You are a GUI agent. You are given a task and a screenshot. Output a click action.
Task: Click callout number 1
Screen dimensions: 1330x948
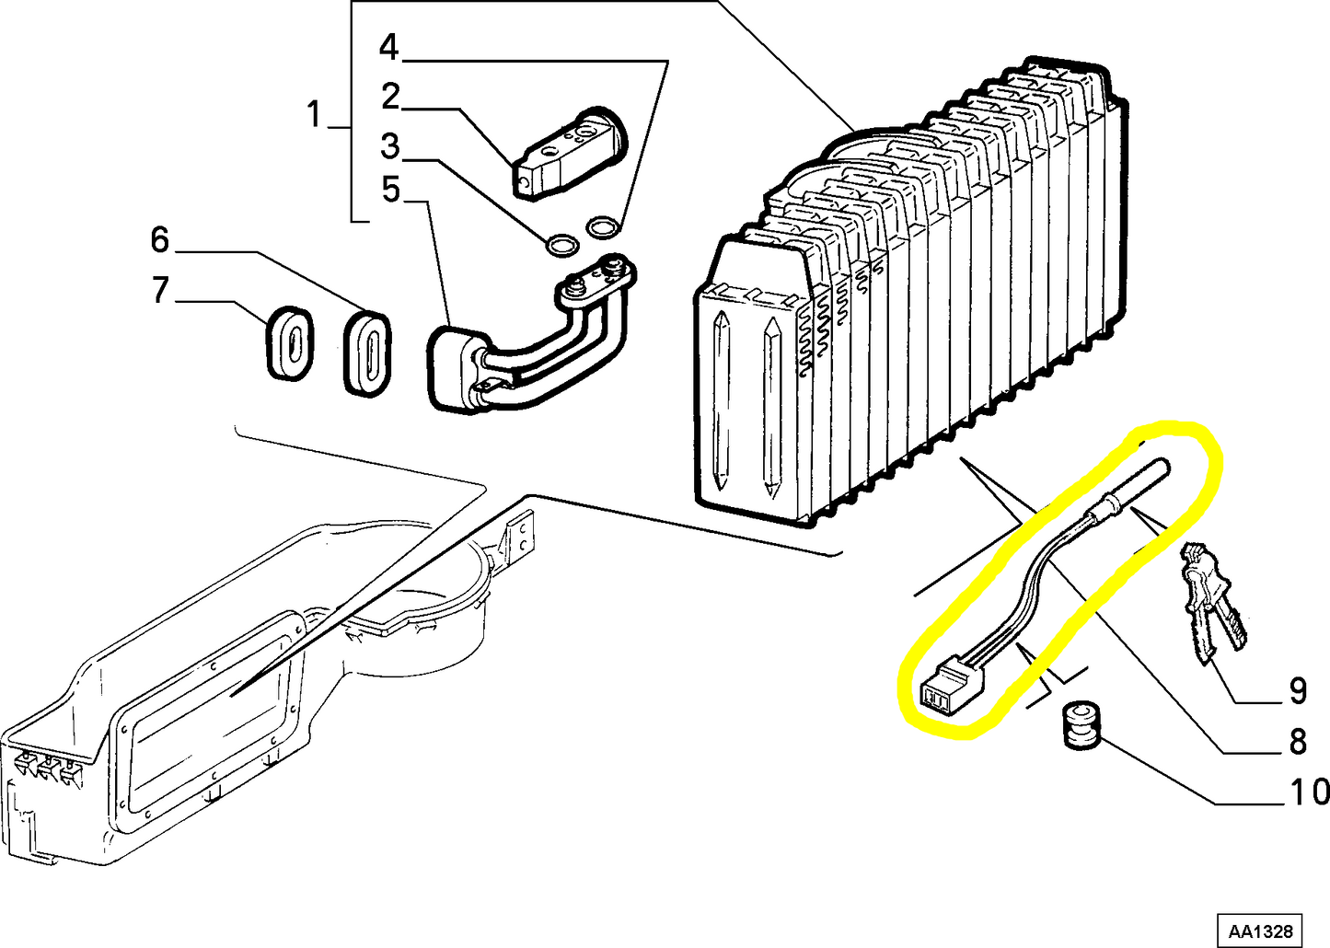pyautogui.click(x=314, y=114)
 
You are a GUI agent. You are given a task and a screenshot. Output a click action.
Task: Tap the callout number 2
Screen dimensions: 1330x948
pyautogui.click(x=390, y=96)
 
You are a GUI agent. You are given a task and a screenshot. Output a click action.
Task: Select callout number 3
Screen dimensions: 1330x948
pyautogui.click(x=390, y=146)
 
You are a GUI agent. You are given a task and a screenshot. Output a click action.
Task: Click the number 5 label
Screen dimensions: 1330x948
pyautogui.click(x=390, y=190)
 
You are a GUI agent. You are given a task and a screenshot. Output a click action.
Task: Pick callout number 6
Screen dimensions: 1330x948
pyautogui.click(x=160, y=240)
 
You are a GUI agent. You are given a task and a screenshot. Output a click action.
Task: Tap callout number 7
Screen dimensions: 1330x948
pyautogui.click(x=160, y=290)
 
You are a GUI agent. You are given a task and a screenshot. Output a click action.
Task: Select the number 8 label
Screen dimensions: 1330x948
pyautogui.click(x=1298, y=742)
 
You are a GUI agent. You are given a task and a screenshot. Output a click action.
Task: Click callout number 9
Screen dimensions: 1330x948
pyautogui.click(x=1298, y=690)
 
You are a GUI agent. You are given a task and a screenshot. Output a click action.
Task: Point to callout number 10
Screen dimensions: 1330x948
pyautogui.click(x=1309, y=792)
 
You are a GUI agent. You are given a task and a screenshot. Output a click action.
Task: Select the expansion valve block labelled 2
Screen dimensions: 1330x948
pyautogui.click(x=568, y=155)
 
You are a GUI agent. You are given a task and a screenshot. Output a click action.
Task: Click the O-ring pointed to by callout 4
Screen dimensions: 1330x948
pyautogui.click(x=602, y=226)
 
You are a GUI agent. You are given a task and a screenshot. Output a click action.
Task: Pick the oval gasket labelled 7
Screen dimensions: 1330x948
pyautogui.click(x=289, y=343)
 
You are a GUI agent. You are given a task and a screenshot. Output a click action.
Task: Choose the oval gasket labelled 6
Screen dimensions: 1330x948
pyautogui.click(x=367, y=353)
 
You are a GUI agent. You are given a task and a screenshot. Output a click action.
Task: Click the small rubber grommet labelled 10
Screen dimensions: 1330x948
pyautogui.click(x=1079, y=725)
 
